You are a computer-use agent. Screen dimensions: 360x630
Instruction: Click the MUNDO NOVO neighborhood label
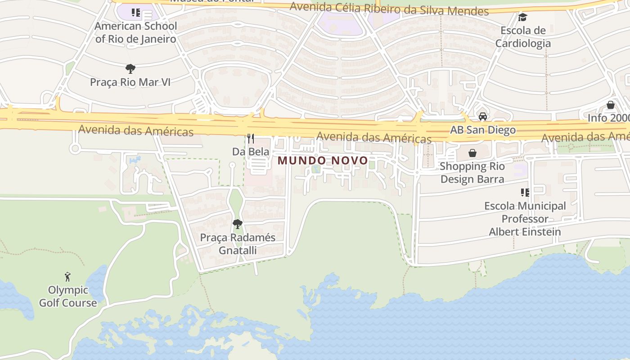tap(323, 160)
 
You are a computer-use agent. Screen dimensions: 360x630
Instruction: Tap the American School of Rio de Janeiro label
tap(135, 32)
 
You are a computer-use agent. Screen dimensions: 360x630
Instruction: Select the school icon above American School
tap(135, 13)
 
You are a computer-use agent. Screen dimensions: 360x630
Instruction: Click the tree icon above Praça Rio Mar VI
tap(130, 69)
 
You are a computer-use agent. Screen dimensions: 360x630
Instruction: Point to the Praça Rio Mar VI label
tap(130, 82)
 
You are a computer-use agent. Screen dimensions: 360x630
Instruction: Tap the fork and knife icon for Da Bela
tap(251, 138)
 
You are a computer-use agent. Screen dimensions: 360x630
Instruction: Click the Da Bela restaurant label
tap(251, 152)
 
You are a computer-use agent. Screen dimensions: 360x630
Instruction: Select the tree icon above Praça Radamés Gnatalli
tap(238, 224)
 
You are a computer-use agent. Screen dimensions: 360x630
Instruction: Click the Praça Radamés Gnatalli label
tap(238, 243)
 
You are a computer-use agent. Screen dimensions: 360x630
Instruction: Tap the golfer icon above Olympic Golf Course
tap(67, 276)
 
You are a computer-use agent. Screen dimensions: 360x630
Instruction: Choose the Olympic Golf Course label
tap(67, 296)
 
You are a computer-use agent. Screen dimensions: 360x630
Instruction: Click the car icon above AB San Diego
tap(483, 117)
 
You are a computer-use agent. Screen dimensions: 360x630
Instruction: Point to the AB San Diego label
tap(483, 130)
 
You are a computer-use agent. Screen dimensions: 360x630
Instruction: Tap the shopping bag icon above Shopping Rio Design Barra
tap(472, 153)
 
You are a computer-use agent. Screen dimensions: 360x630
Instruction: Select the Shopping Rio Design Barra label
tap(472, 173)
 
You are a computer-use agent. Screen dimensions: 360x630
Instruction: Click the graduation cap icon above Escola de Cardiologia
tap(522, 17)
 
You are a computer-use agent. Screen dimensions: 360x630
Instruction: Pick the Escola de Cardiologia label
tap(523, 37)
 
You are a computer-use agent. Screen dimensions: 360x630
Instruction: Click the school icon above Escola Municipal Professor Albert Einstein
tap(525, 193)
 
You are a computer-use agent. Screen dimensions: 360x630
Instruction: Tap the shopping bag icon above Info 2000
tap(611, 105)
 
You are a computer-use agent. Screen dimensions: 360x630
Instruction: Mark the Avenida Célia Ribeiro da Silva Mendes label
tap(389, 9)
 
